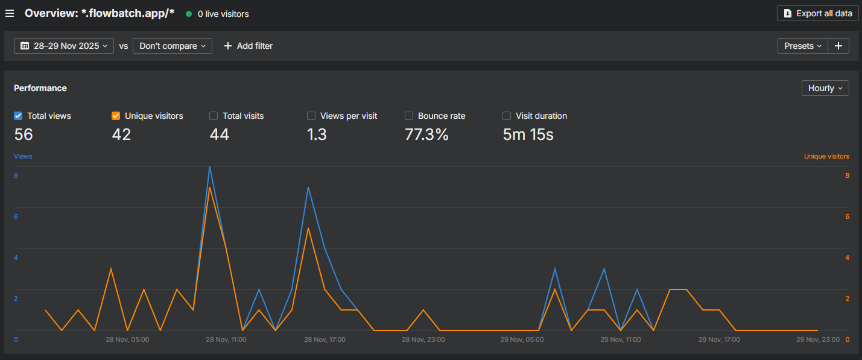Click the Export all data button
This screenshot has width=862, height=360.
click(x=817, y=13)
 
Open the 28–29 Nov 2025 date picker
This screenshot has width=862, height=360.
click(x=64, y=46)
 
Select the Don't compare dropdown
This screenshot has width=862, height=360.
click(x=172, y=46)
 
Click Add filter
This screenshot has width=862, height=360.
click(x=248, y=46)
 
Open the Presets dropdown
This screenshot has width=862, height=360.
click(x=802, y=46)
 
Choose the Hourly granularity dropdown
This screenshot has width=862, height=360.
click(x=825, y=88)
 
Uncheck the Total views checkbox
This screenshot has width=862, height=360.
click(x=18, y=116)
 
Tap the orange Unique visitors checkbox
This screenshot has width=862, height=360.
click(x=116, y=116)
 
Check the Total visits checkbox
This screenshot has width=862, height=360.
click(x=214, y=116)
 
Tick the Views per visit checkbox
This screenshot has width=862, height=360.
click(x=311, y=116)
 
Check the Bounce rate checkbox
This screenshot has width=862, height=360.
click(x=409, y=116)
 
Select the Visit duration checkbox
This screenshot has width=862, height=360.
click(x=507, y=116)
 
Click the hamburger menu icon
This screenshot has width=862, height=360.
click(x=10, y=13)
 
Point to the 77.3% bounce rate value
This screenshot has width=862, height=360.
click(x=426, y=134)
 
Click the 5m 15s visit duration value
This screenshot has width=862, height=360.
click(x=528, y=134)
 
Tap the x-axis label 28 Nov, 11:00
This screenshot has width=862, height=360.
click(x=226, y=339)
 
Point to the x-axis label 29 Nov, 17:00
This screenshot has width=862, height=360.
click(x=719, y=339)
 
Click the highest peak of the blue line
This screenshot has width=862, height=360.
click(x=209, y=167)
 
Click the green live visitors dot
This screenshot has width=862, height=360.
click(x=189, y=13)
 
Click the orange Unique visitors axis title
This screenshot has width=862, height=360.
click(x=826, y=156)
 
